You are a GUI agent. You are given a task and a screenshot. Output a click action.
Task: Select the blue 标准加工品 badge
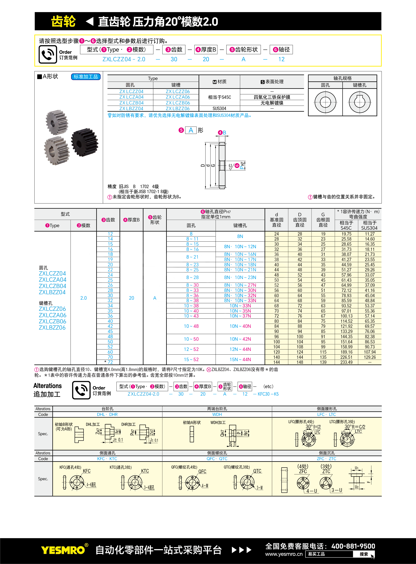pos(86,77)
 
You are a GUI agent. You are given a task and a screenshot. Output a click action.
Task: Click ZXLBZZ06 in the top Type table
pos(178,108)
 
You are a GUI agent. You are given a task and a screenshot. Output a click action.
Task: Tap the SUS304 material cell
pos(219,108)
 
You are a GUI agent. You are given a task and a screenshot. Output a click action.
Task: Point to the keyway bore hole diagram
pos(360,102)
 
